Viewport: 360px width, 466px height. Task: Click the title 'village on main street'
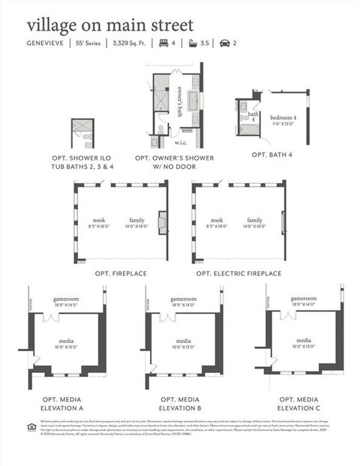[109, 26]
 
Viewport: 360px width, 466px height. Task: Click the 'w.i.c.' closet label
[181, 142]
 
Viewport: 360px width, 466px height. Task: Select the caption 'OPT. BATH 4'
[271, 155]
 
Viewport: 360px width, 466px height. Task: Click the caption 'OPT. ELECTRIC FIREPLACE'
[238, 274]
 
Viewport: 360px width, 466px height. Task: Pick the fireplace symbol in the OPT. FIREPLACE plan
[161, 221]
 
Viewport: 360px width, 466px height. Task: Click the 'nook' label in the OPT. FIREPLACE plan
[99, 220]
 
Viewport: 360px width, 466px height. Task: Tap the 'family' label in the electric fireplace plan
[255, 220]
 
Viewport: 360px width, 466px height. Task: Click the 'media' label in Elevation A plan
[66, 340]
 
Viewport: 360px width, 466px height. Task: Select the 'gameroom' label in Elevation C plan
[304, 299]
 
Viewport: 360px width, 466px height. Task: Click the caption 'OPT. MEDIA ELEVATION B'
[180, 403]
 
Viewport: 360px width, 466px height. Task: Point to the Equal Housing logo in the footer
[31, 428]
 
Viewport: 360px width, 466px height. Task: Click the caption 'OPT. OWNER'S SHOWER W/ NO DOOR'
[174, 163]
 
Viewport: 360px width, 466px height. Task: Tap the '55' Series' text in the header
[90, 44]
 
